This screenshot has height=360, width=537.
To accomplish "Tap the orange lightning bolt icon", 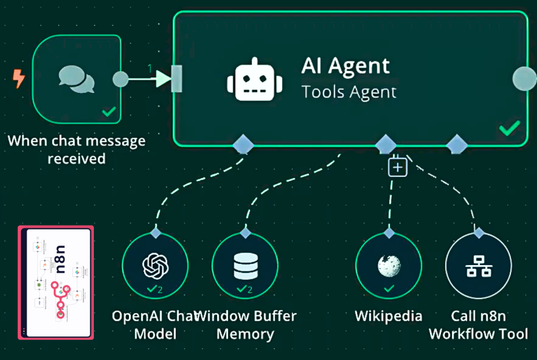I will coord(19,80).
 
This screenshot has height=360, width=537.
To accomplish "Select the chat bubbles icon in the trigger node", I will coord(77,79).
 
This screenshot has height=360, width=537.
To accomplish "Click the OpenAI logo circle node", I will coord(155,265).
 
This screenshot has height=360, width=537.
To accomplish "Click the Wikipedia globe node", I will coord(389,265).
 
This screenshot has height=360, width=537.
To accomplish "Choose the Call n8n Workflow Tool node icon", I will coord(478,266).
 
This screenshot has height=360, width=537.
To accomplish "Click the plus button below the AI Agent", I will coord(398,167).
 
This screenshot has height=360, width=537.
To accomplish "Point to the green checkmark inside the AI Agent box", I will coord(509,128).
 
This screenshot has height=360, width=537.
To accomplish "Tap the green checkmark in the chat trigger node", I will coord(109,111).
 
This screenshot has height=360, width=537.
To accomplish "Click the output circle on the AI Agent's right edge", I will coord(523,79).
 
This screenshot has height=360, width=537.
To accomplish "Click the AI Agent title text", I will coord(346,67).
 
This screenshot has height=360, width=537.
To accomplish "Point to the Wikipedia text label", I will coord(389,316).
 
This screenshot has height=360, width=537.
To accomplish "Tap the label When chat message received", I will coord(77,150).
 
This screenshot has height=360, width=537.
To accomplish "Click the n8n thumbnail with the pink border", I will coord(56,282).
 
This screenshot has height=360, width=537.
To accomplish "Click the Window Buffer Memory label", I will coord(246,325).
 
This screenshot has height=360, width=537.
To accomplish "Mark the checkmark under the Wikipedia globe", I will coord(389,289).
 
